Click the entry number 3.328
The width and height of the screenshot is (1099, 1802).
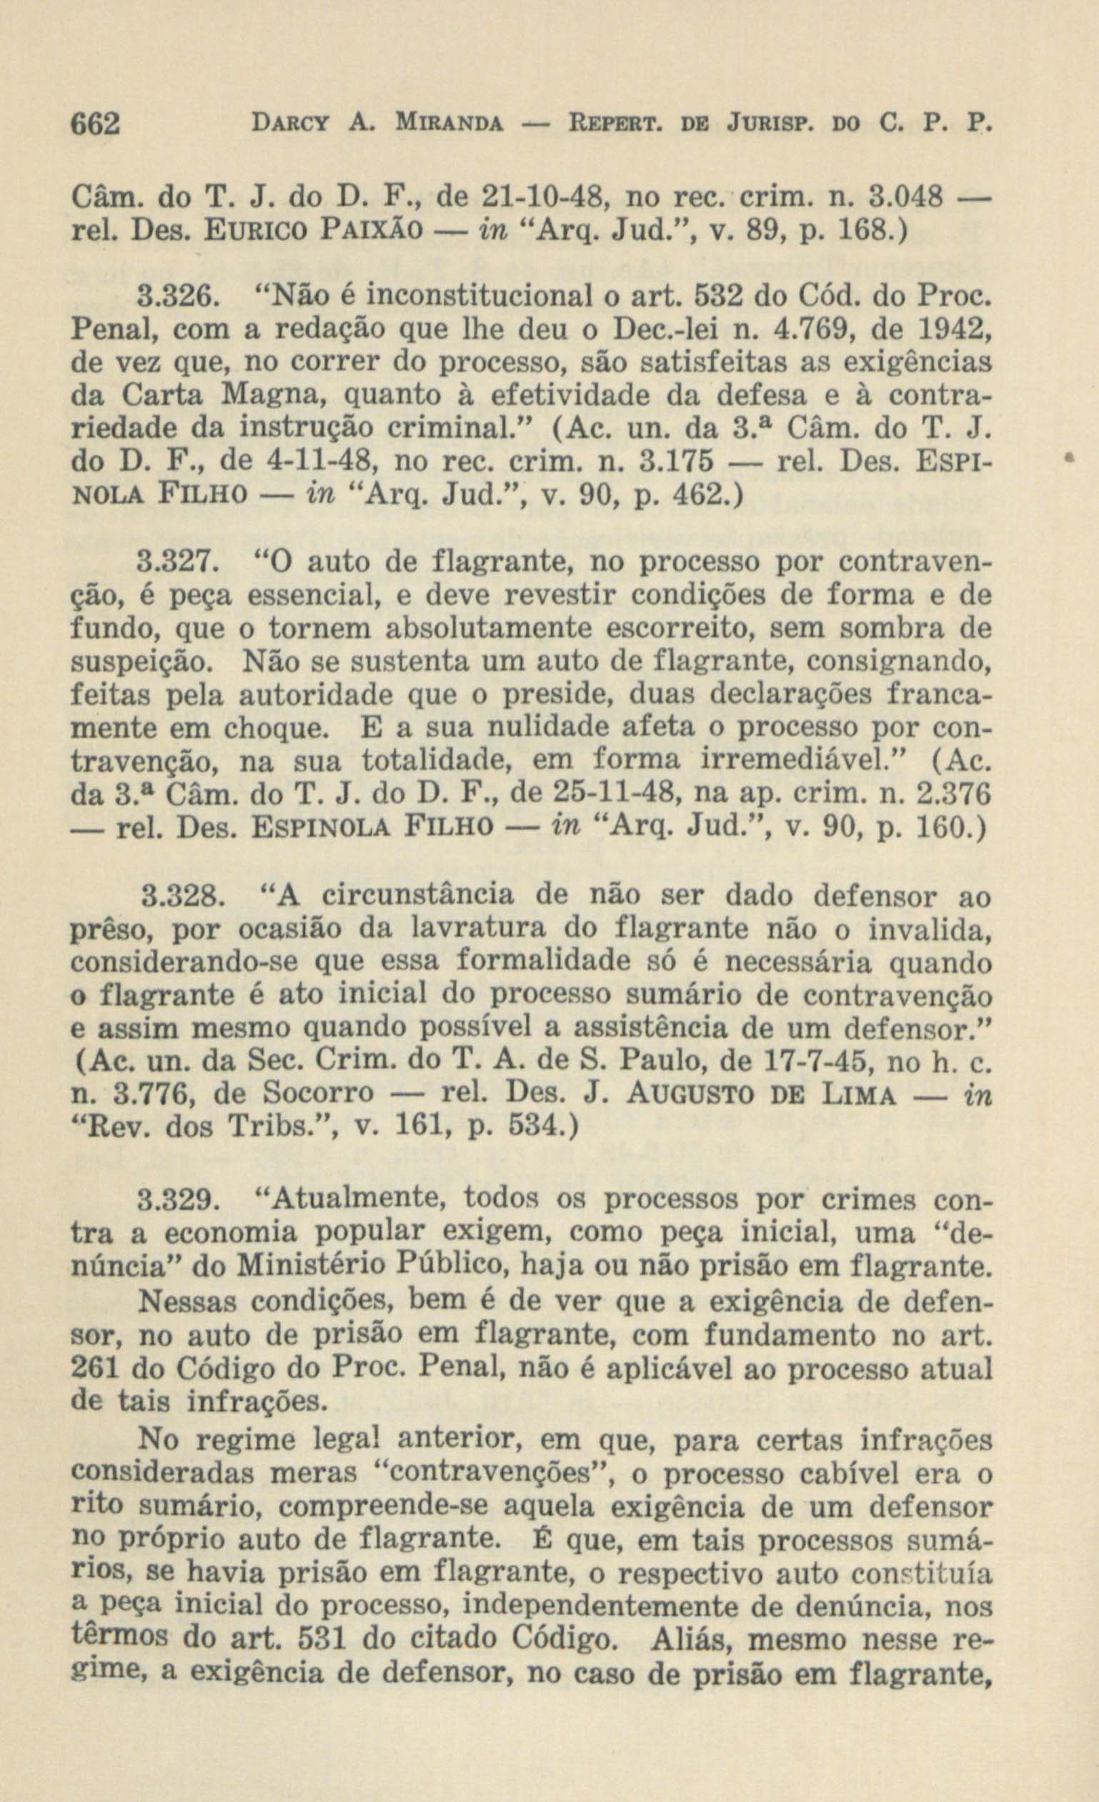coord(178,895)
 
